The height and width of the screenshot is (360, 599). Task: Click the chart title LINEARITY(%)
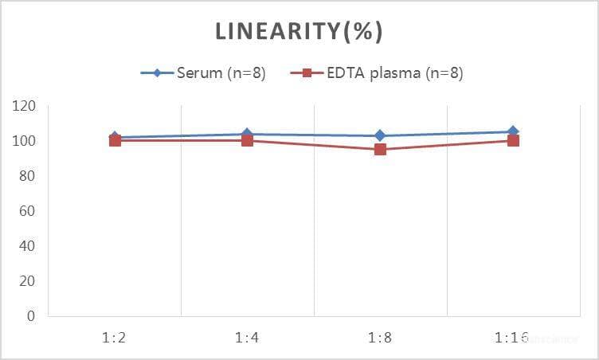click(299, 32)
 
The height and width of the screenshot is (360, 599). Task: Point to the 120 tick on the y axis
click(25, 106)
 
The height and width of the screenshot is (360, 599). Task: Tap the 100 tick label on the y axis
click(25, 141)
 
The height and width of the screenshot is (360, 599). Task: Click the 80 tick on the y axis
click(29, 176)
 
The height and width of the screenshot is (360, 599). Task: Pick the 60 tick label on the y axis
click(29, 211)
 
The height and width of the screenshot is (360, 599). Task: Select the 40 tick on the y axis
click(29, 246)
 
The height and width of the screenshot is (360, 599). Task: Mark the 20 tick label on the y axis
click(29, 281)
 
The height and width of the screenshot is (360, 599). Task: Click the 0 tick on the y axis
click(32, 316)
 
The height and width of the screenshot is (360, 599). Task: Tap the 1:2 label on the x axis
click(115, 338)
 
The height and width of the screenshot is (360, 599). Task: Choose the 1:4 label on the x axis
click(247, 338)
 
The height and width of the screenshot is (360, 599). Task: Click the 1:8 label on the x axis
click(380, 338)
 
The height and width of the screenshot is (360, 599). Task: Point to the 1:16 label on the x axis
click(512, 338)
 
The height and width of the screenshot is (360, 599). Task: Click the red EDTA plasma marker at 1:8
click(380, 149)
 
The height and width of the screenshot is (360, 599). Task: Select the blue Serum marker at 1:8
click(380, 135)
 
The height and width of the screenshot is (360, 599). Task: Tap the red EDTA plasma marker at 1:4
click(247, 141)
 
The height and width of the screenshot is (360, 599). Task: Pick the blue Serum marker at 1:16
click(513, 131)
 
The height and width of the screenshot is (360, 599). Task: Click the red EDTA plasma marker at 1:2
click(115, 141)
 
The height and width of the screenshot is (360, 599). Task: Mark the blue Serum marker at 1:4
click(247, 134)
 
